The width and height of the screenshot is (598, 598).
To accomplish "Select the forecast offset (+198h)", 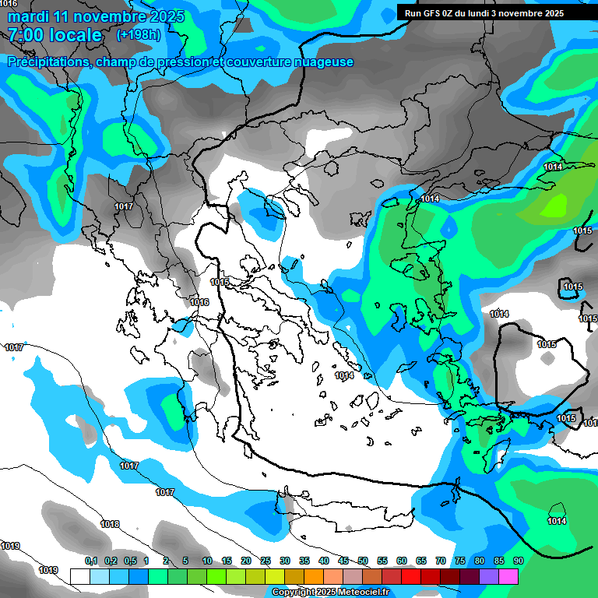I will [139, 35].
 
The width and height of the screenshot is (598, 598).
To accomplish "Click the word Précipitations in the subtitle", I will [47, 62].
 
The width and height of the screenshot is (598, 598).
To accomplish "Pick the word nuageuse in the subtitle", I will [320, 62].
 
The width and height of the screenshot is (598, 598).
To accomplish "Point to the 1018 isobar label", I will [110, 524].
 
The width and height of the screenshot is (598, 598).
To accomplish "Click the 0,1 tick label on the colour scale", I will [90, 561].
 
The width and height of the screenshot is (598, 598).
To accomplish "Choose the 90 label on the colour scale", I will [518, 561].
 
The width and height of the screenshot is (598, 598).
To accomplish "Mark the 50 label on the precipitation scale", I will [363, 561].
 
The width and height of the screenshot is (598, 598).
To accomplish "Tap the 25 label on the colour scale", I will [266, 561].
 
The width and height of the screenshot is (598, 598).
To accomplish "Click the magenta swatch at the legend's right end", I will [508, 576].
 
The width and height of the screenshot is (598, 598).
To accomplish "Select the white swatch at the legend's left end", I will [80, 576].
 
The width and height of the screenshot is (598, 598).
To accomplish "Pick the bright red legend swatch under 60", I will [411, 576].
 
